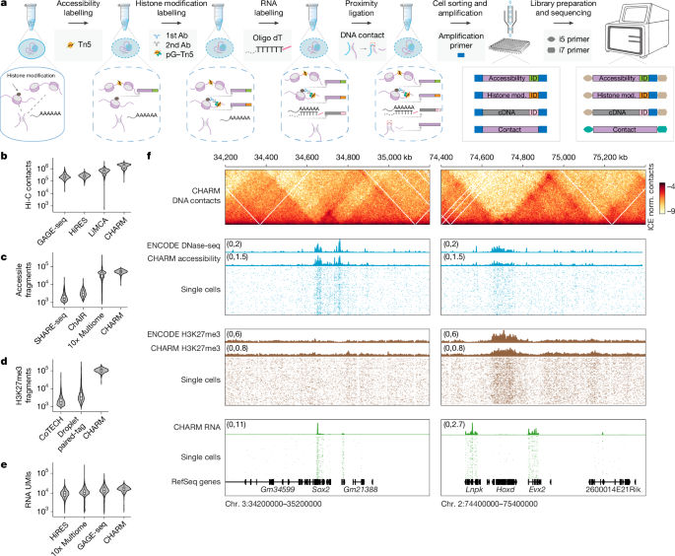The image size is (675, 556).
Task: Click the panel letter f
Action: (149, 155)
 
